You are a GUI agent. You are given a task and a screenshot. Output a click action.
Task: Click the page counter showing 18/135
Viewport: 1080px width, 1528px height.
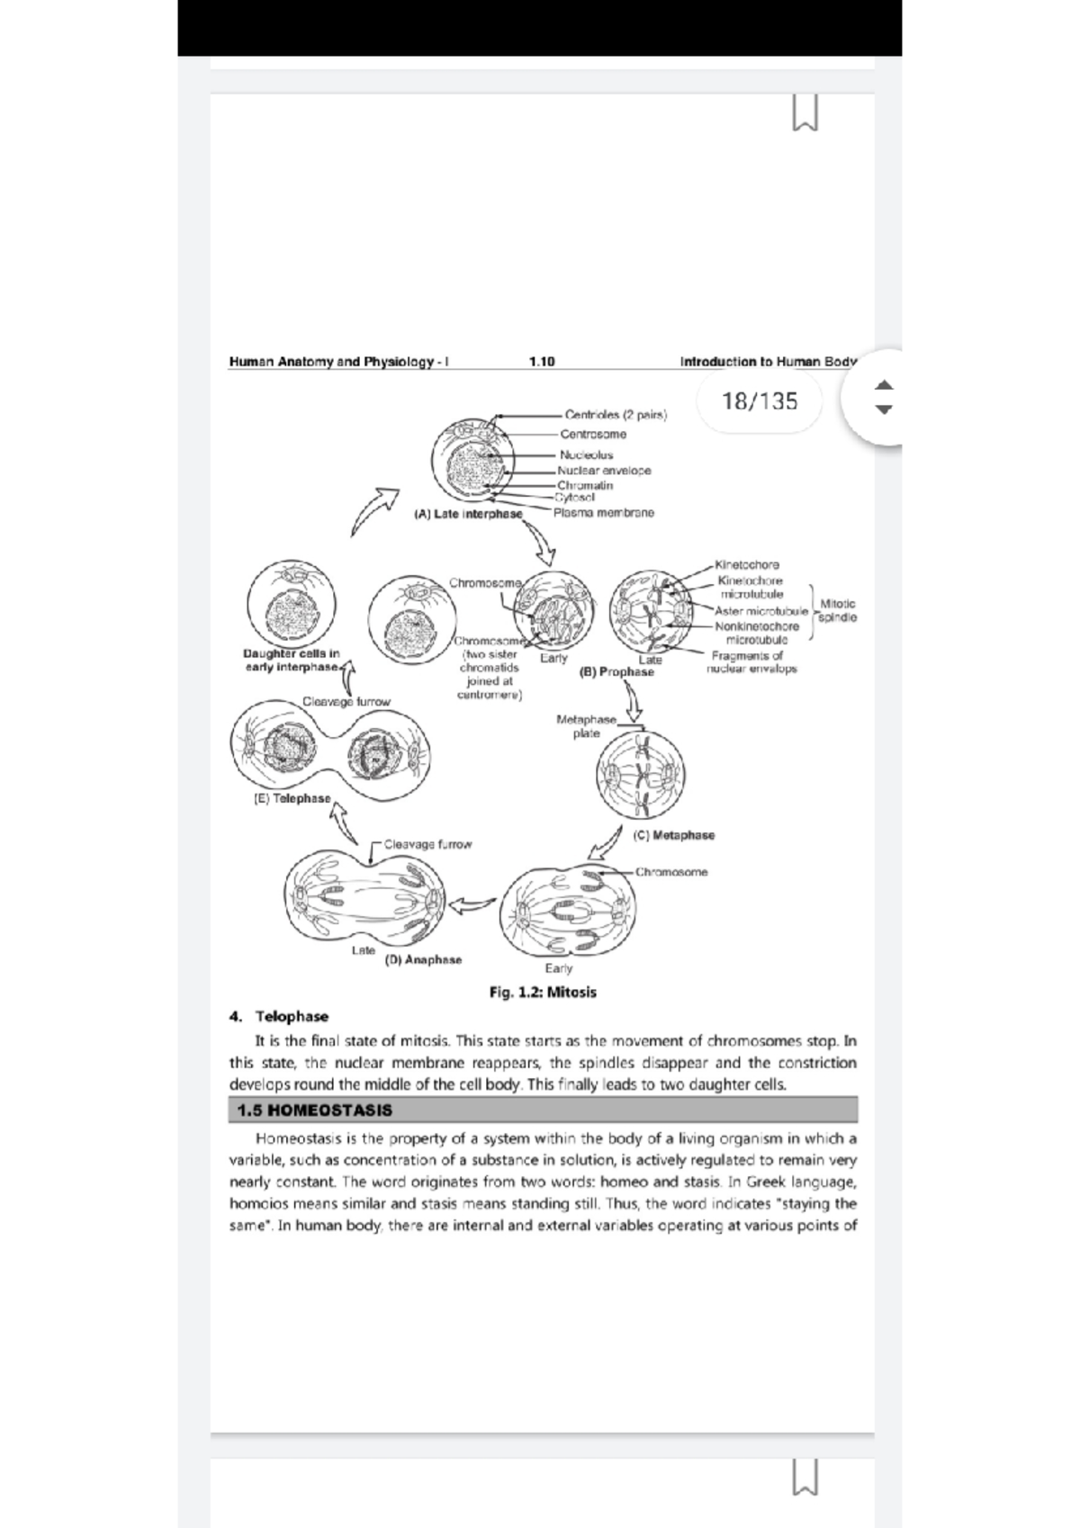pos(760,401)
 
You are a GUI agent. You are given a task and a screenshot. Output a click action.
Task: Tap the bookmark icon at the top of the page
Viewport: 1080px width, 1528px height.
pos(805,113)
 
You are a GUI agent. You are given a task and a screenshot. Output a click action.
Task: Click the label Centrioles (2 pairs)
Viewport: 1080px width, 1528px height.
pos(616,415)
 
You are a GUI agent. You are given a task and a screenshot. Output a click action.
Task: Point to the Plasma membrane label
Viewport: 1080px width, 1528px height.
pos(604,513)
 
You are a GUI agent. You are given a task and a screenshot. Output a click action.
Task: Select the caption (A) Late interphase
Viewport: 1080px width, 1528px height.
pos(467,514)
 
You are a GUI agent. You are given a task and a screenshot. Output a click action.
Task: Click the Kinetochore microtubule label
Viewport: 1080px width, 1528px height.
pos(751,588)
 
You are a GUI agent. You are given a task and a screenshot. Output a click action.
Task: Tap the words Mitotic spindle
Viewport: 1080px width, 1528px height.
pos(837,611)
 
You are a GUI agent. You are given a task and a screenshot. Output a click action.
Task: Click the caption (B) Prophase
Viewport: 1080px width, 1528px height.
pos(616,671)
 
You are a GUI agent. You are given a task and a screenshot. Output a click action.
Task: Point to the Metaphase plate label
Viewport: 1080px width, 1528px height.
pos(586,726)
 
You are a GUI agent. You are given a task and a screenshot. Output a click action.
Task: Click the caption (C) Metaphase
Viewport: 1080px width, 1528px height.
pos(673,835)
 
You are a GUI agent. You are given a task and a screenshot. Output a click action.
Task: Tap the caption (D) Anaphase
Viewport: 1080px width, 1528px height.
pos(423,960)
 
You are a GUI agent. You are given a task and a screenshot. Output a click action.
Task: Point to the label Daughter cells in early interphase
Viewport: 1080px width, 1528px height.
pos(291,661)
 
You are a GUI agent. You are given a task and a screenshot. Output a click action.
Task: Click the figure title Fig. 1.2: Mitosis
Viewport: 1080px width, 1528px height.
pos(542,992)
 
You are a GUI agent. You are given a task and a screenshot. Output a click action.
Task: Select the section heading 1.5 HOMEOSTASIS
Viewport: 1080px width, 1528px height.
pos(314,1110)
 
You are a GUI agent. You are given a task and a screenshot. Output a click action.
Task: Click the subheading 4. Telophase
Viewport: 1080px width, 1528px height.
pos(279,1016)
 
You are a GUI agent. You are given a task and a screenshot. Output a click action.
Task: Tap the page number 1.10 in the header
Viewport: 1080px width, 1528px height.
pos(542,362)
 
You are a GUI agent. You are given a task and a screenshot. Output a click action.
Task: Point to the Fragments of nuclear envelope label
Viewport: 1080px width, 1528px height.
pos(751,662)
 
